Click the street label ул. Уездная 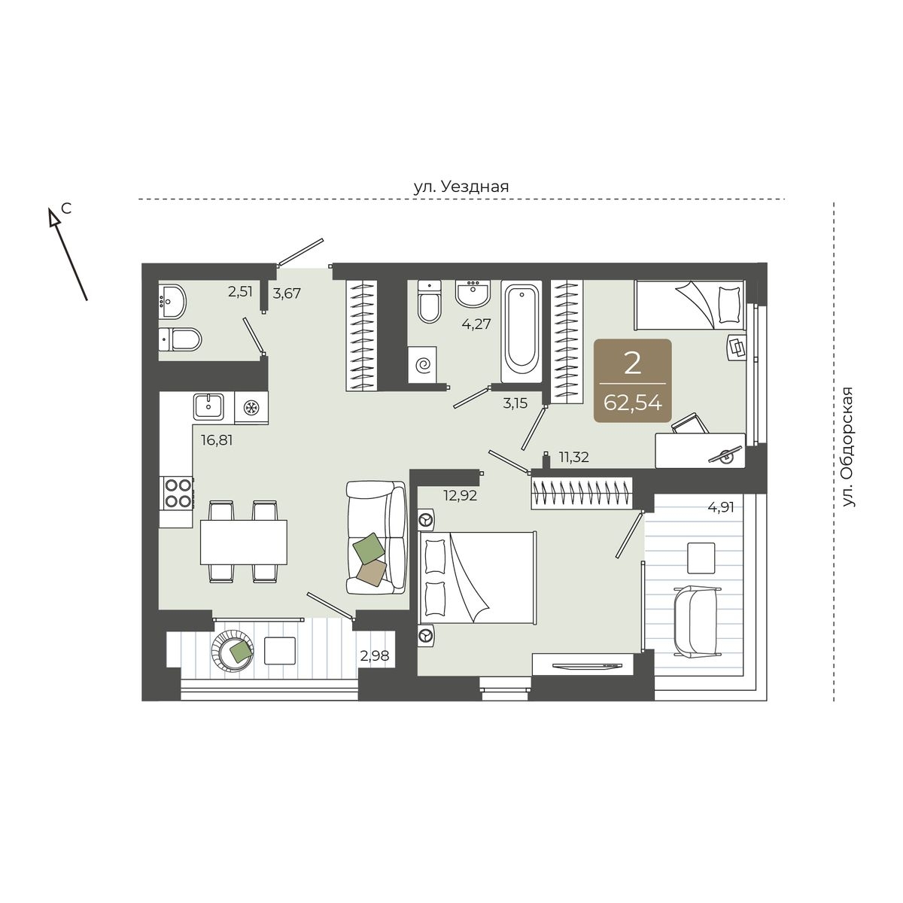(461, 187)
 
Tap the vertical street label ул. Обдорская (848, 447)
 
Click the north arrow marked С (68, 254)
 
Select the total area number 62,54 (633, 403)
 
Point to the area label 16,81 (217, 440)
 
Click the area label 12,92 (461, 495)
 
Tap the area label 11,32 (574, 457)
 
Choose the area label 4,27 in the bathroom (476, 324)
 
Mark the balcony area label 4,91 (721, 507)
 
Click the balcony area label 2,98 (375, 655)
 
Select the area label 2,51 (240, 291)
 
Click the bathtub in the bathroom (521, 331)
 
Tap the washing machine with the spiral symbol (421, 364)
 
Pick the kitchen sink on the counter (208, 406)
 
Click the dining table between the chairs (244, 542)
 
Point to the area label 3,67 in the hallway (287, 293)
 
